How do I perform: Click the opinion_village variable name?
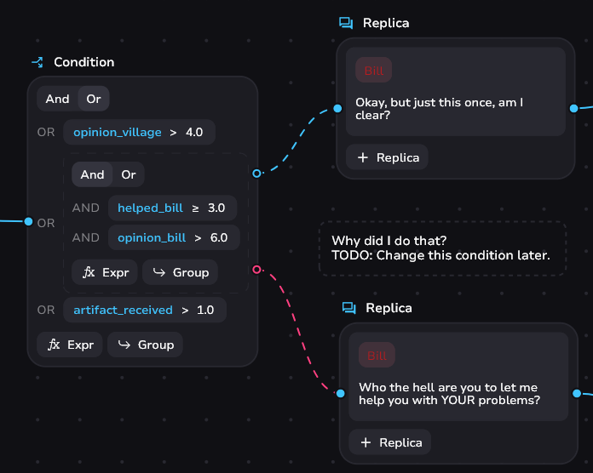[x=118, y=133]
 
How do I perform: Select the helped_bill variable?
[x=150, y=208]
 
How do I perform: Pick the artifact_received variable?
[x=123, y=310]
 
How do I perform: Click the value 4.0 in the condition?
[x=194, y=133]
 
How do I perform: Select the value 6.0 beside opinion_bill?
[x=219, y=237]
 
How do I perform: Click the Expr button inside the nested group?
[x=105, y=272]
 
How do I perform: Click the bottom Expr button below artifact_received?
[x=70, y=345]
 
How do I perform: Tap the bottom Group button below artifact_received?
[x=145, y=345]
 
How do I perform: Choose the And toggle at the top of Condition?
[x=58, y=99]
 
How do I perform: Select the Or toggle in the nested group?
[x=129, y=174]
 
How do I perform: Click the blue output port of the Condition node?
[x=257, y=174]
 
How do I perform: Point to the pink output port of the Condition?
[x=257, y=270]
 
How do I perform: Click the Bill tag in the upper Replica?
[x=374, y=71]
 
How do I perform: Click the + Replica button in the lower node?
[x=391, y=442]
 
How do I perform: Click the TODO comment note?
[x=442, y=248]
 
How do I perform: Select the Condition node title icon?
[x=37, y=62]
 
